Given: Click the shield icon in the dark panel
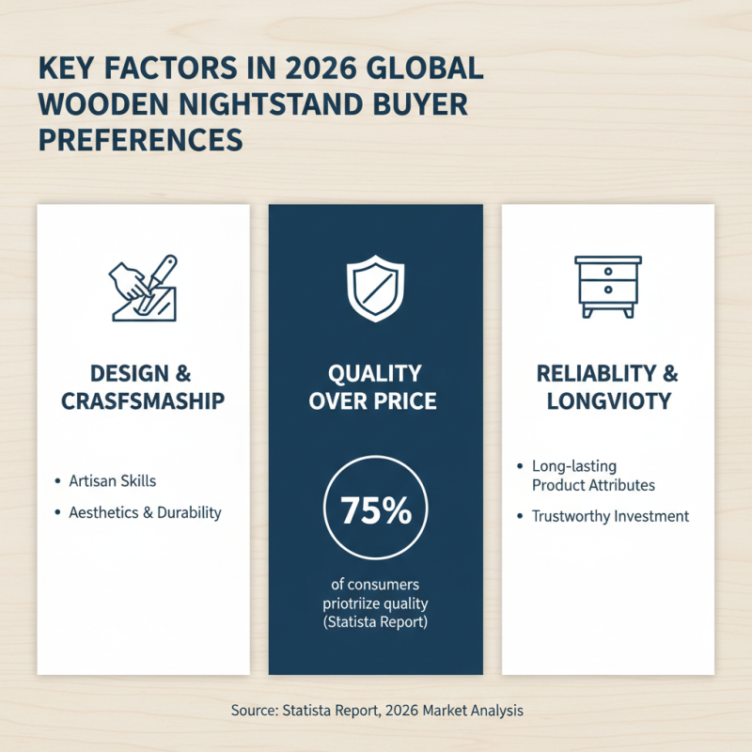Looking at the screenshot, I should point(376,288).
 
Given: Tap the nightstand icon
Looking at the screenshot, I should point(608,286).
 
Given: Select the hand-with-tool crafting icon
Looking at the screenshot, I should point(144,288).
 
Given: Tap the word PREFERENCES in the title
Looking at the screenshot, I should point(140,139).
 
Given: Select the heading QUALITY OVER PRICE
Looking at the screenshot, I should point(376,387).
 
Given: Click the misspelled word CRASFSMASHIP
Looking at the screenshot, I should point(143,401).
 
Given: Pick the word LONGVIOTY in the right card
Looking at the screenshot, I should point(607,401).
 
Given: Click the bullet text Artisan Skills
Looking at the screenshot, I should point(113,480).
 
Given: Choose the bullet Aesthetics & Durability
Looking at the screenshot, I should point(145,512).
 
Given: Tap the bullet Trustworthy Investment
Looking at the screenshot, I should point(610,516).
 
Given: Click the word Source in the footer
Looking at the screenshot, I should point(253,711).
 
